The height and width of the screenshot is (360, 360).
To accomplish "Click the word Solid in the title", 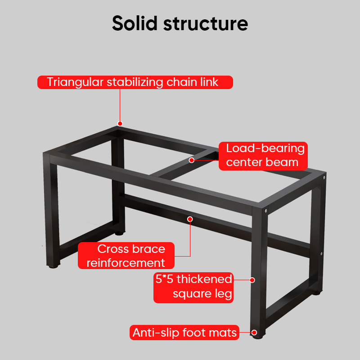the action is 135,23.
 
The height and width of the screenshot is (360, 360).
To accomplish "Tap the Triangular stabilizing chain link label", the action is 135,82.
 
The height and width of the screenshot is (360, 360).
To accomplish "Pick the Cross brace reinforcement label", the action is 126,256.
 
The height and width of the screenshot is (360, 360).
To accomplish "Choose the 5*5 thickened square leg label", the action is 194,287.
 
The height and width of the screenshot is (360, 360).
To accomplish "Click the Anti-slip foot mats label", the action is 184,333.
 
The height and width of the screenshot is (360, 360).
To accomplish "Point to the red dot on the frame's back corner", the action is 120,123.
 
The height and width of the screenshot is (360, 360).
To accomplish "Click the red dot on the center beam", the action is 191,160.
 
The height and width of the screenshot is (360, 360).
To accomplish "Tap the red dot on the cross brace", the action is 190,219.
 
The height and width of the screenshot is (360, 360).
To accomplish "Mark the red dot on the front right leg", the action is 252,280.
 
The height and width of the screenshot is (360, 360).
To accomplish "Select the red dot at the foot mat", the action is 255,333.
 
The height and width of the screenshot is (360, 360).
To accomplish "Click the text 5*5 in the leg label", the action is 164,279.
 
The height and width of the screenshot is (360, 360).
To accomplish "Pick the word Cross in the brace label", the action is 112,249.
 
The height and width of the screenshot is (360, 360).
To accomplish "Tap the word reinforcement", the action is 126,263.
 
